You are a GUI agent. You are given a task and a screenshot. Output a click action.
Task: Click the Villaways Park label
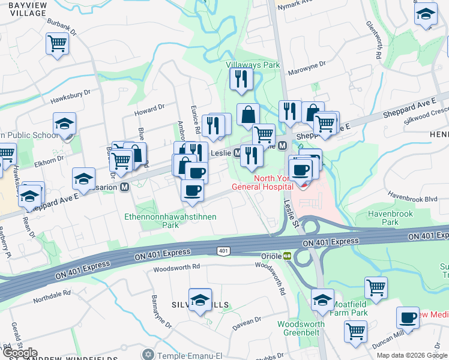click(253, 64)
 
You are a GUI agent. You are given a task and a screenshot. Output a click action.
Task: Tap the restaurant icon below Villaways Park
click(241, 79)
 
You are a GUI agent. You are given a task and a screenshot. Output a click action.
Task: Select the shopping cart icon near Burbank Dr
click(57, 43)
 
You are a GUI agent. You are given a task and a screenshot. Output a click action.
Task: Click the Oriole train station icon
click(288, 256)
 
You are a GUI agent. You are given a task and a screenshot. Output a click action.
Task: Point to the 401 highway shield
click(223, 250)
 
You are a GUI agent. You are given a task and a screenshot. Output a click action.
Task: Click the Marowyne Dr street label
click(306, 63)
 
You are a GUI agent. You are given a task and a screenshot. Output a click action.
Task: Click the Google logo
click(20, 353)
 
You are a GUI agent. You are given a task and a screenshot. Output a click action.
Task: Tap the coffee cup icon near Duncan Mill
click(408, 317)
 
